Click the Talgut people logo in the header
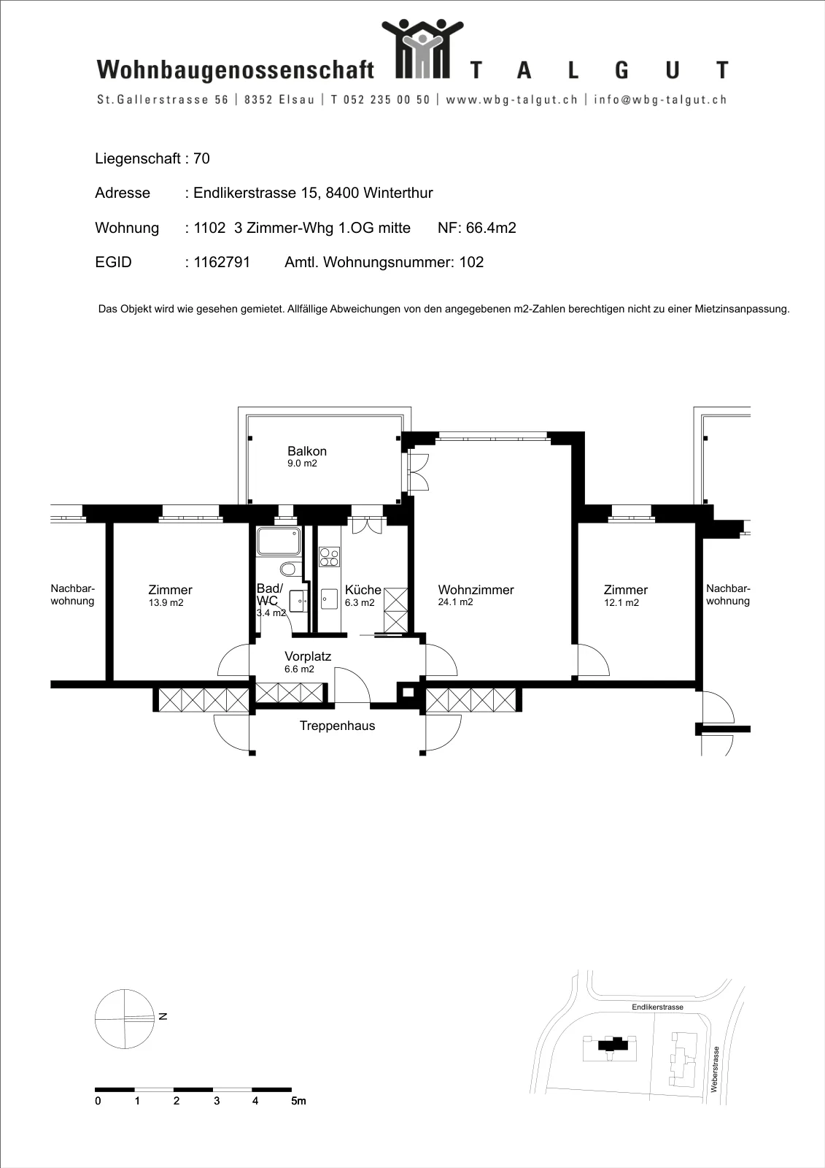click(422, 49)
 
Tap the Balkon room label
click(307, 451)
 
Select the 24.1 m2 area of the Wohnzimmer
click(455, 602)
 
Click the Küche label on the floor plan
click(363, 590)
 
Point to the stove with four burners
click(330, 557)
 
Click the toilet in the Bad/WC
click(288, 569)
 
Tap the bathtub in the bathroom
click(279, 541)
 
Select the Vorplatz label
click(308, 656)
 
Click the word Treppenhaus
click(337, 726)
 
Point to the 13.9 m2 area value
click(166, 603)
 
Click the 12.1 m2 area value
click(621, 603)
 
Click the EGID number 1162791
click(222, 262)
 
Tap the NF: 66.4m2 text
click(477, 228)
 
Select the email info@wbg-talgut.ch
click(660, 99)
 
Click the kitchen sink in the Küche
click(330, 599)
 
